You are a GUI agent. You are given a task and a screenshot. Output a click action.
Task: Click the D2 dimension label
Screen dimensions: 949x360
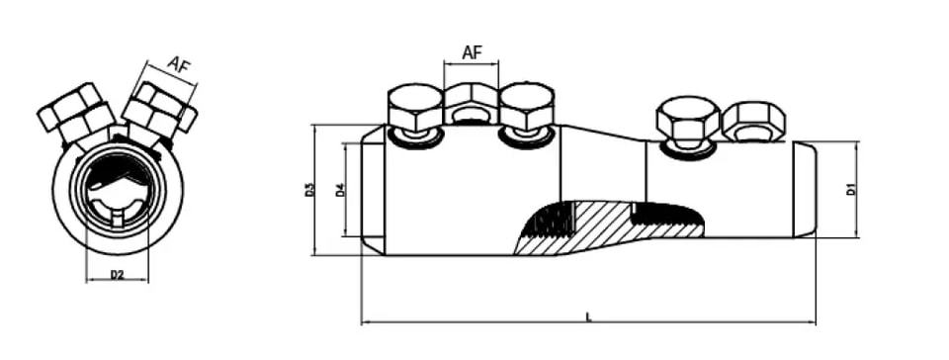pos(117,275)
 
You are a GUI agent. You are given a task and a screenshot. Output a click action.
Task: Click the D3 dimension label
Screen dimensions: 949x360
pos(310,189)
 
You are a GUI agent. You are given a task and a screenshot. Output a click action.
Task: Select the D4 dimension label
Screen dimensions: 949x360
pos(340,189)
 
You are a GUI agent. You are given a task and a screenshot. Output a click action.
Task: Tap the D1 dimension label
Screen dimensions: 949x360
pos(851,189)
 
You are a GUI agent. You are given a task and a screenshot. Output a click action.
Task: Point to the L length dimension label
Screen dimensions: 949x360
pos(588,316)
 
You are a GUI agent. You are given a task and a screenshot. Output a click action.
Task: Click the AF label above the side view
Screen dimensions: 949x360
pos(473,52)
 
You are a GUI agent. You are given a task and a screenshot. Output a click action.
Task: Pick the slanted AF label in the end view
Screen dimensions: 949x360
pos(180,64)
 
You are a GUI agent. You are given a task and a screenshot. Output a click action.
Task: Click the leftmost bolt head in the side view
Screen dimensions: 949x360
pos(413,108)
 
